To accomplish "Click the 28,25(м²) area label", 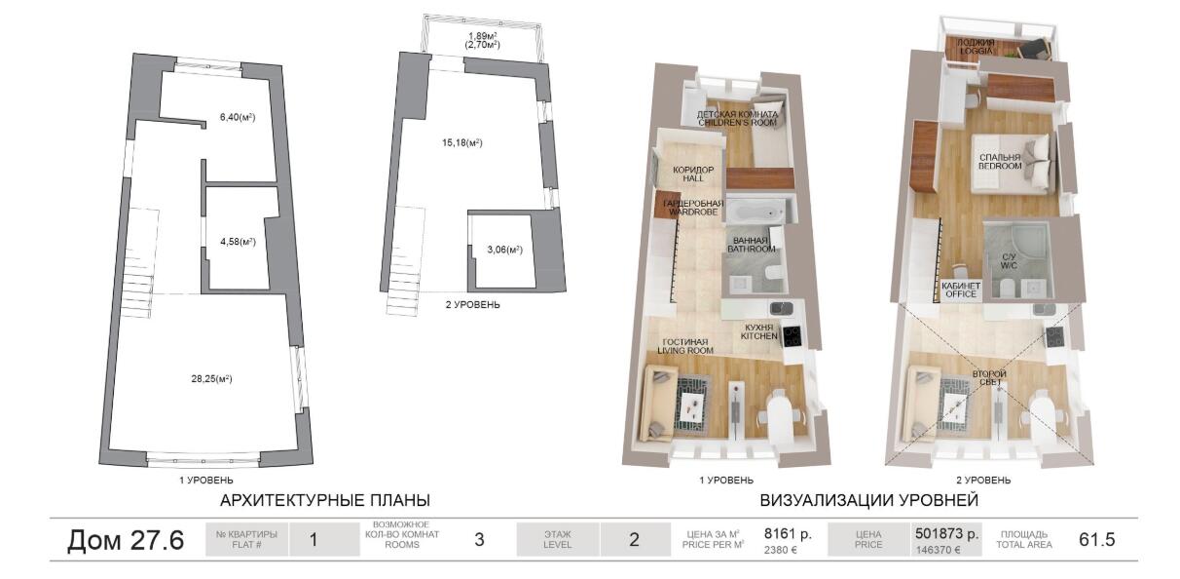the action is pos(211,378).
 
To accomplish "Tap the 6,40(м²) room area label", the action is pos(238,117).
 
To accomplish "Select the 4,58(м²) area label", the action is pos(238,242).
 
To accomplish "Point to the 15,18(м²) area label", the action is pos(462,143).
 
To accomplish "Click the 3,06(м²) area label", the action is pos(504,250).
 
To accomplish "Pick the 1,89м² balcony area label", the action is pos(483,36).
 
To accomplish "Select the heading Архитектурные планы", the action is pos(325,500).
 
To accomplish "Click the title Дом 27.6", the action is pos(126,540).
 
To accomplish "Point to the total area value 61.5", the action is pos(1097,539).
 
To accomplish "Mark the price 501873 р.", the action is pos(946,533).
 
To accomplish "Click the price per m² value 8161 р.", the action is pos(788,533).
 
